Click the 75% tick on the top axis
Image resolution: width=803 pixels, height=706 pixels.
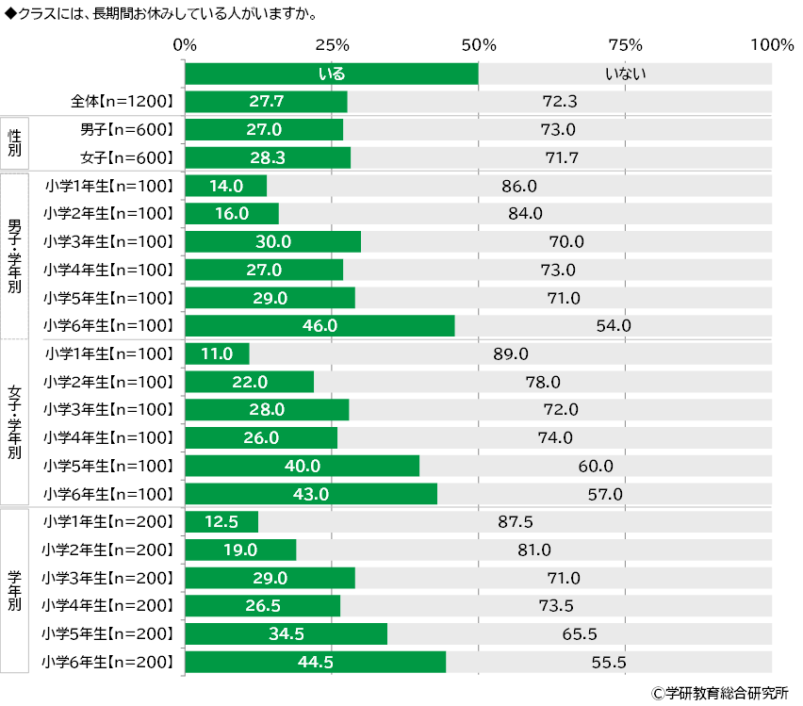(x=625, y=44)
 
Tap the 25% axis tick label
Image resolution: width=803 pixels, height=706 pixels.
(x=332, y=44)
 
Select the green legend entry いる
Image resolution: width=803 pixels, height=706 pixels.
(x=332, y=74)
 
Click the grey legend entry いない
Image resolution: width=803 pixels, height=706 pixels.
(x=625, y=74)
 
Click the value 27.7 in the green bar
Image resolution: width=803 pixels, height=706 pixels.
(x=267, y=102)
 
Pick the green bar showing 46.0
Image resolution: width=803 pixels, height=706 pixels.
(x=320, y=326)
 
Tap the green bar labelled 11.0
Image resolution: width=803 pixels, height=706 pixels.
(x=217, y=354)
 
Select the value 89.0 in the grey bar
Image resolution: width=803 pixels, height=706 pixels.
(x=511, y=354)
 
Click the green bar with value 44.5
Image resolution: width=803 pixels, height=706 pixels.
(x=315, y=663)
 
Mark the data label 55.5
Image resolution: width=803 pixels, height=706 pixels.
(x=609, y=663)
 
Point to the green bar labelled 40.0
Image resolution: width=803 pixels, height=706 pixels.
(x=302, y=467)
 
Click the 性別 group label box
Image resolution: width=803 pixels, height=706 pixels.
(x=15, y=143)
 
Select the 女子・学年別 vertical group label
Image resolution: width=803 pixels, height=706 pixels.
(x=15, y=424)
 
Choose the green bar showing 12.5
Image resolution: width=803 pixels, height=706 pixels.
(x=221, y=522)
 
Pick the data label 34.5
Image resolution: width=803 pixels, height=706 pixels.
(x=286, y=634)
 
